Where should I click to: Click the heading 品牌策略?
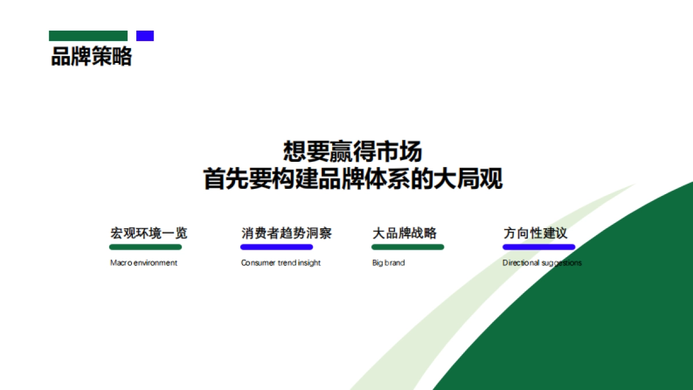(91, 57)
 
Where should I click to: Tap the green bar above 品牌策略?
(88, 36)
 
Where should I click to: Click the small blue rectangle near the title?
(145, 36)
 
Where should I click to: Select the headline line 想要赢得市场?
(352, 151)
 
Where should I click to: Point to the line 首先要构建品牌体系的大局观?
(352, 179)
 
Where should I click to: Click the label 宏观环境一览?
(148, 233)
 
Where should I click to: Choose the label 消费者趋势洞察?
(286, 233)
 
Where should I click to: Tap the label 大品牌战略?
(404, 233)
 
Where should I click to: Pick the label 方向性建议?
(535, 233)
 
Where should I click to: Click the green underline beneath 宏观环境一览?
(146, 247)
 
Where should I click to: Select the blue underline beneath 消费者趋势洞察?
(277, 247)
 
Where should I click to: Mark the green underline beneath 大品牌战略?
(408, 247)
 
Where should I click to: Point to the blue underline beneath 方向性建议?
(539, 247)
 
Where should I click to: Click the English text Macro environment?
(143, 263)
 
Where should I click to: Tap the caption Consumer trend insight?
(281, 263)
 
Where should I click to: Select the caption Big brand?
(388, 263)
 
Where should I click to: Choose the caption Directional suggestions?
(542, 263)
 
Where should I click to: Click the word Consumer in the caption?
(258, 263)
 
